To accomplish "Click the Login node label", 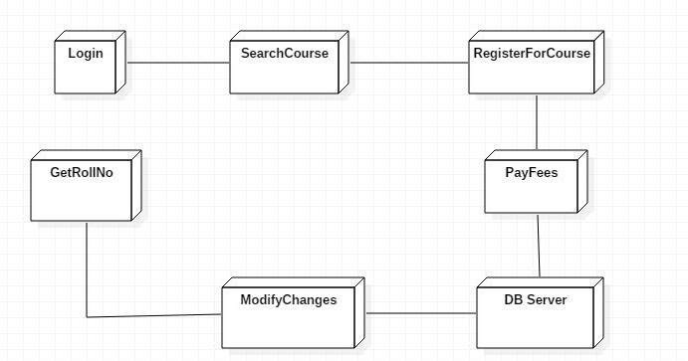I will click(x=86, y=54).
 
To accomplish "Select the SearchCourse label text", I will click(x=285, y=54).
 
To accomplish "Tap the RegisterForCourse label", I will click(x=532, y=54).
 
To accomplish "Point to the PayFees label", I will click(x=533, y=172).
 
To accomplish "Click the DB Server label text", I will click(x=535, y=299).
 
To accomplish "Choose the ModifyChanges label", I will click(x=289, y=299).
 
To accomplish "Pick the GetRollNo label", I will click(x=82, y=172).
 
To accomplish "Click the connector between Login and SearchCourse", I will click(x=177, y=64).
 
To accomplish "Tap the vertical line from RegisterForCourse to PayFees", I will click(x=537, y=123).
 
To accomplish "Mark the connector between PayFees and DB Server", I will click(x=539, y=245).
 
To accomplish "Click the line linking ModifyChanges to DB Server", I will click(x=420, y=313).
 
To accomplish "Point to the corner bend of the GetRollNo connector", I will click(x=87, y=316).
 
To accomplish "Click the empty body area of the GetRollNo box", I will click(x=82, y=199).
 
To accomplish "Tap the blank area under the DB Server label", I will click(x=535, y=326).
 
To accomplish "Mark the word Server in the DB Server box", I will click(x=549, y=299).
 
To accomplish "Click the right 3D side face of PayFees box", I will click(x=584, y=180).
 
